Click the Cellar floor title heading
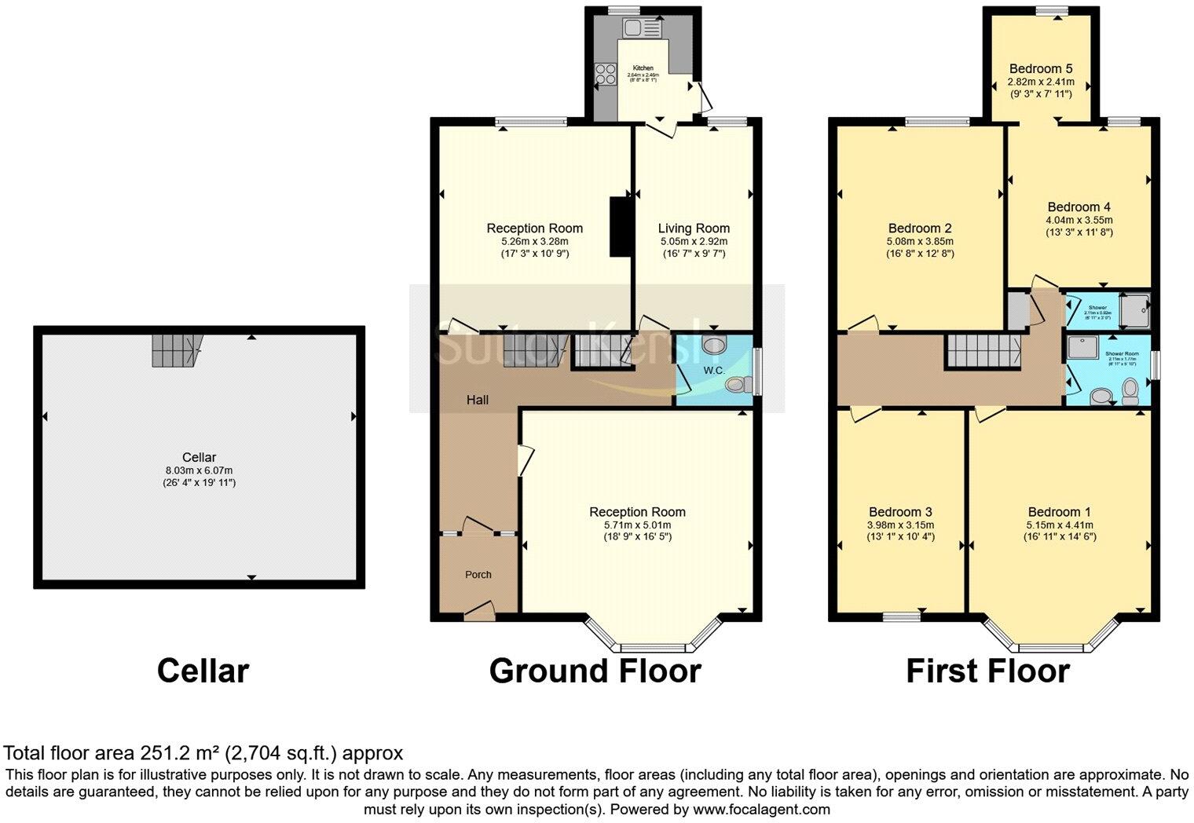pyautogui.click(x=203, y=671)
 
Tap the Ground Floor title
pyautogui.click(x=595, y=671)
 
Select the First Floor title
pyautogui.click(x=987, y=671)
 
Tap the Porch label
pyautogui.click(x=478, y=574)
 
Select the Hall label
pyautogui.click(x=478, y=400)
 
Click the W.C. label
pyautogui.click(x=713, y=370)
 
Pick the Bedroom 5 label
pyautogui.click(x=1041, y=68)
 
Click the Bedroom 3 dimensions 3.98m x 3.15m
pyautogui.click(x=900, y=525)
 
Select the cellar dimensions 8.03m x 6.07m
pyautogui.click(x=199, y=470)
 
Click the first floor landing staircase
pyautogui.click(x=983, y=350)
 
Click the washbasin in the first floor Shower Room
pyautogui.click(x=1103, y=397)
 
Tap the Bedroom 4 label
pyautogui.click(x=1079, y=207)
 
